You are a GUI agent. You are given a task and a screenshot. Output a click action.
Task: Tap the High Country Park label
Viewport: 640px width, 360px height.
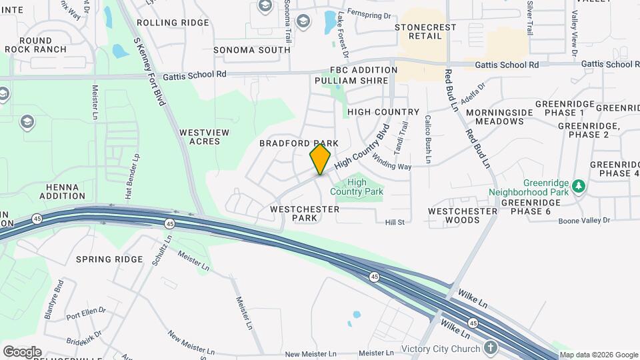click(x=366, y=187)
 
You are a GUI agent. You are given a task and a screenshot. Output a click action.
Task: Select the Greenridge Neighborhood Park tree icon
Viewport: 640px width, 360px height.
click(x=579, y=185)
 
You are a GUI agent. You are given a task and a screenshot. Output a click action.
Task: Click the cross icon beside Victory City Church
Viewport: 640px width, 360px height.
click(x=491, y=347)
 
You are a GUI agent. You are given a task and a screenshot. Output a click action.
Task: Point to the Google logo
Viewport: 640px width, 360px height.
click(x=21, y=352)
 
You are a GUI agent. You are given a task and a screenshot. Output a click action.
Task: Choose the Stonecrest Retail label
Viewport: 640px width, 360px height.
click(x=426, y=32)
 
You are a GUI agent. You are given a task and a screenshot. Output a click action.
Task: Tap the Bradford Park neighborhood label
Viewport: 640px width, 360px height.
click(x=299, y=143)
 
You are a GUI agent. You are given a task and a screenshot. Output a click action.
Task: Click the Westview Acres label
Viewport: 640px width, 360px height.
click(x=204, y=137)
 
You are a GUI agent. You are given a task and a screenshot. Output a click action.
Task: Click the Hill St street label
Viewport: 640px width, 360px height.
click(x=395, y=222)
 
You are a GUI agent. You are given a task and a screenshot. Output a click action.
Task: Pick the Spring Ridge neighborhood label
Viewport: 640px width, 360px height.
click(x=109, y=259)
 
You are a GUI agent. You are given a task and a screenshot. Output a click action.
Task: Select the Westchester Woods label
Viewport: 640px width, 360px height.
click(x=463, y=215)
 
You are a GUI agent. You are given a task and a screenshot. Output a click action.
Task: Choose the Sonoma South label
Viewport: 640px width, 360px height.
click(x=251, y=50)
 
